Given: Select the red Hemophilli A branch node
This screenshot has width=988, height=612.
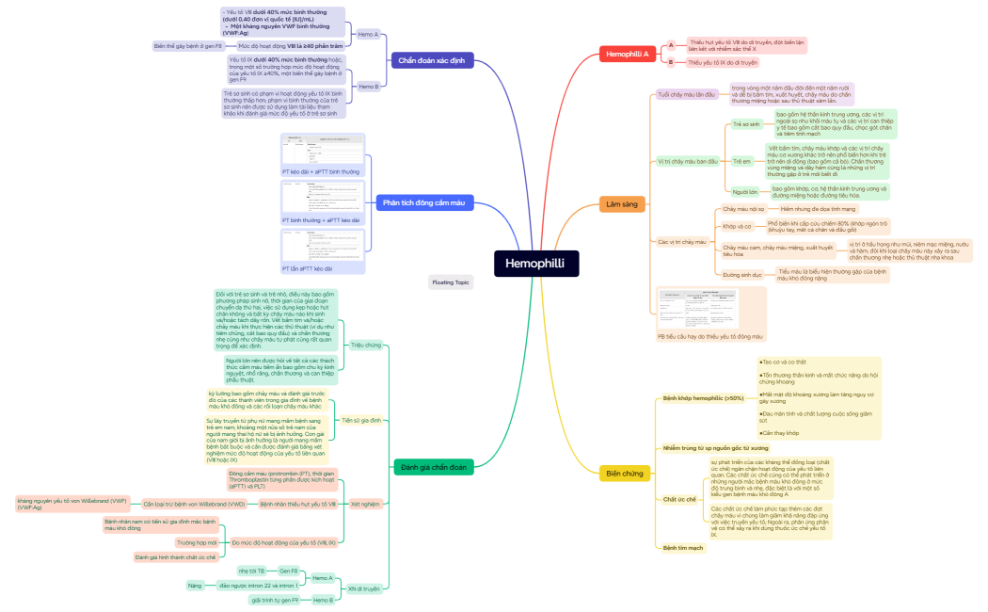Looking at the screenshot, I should [x=628, y=55].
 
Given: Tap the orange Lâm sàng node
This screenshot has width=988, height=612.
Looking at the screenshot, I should [x=622, y=203].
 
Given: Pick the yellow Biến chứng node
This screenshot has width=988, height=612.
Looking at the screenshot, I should [x=625, y=473].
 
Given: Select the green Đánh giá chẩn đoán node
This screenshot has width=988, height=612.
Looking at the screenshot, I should [x=433, y=467].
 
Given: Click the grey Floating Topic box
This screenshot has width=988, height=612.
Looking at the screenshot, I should [x=450, y=282].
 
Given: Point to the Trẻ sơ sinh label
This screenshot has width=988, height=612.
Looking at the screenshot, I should [x=746, y=123].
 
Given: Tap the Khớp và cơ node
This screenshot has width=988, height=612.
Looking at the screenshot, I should [x=737, y=226].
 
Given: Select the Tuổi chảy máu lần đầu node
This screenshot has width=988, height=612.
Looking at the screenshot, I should [x=687, y=95].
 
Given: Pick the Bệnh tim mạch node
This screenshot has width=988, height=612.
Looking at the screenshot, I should [x=682, y=547].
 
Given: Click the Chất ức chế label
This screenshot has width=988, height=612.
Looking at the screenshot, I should [x=679, y=499].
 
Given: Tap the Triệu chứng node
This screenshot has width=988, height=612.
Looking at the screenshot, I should [x=366, y=346].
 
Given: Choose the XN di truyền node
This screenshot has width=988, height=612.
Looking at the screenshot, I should [x=364, y=588].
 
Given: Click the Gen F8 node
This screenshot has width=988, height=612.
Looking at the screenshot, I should [x=288, y=571].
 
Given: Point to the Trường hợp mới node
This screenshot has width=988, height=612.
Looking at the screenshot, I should [x=197, y=542].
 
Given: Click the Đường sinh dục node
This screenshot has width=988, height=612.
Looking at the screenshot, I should [x=742, y=275].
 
